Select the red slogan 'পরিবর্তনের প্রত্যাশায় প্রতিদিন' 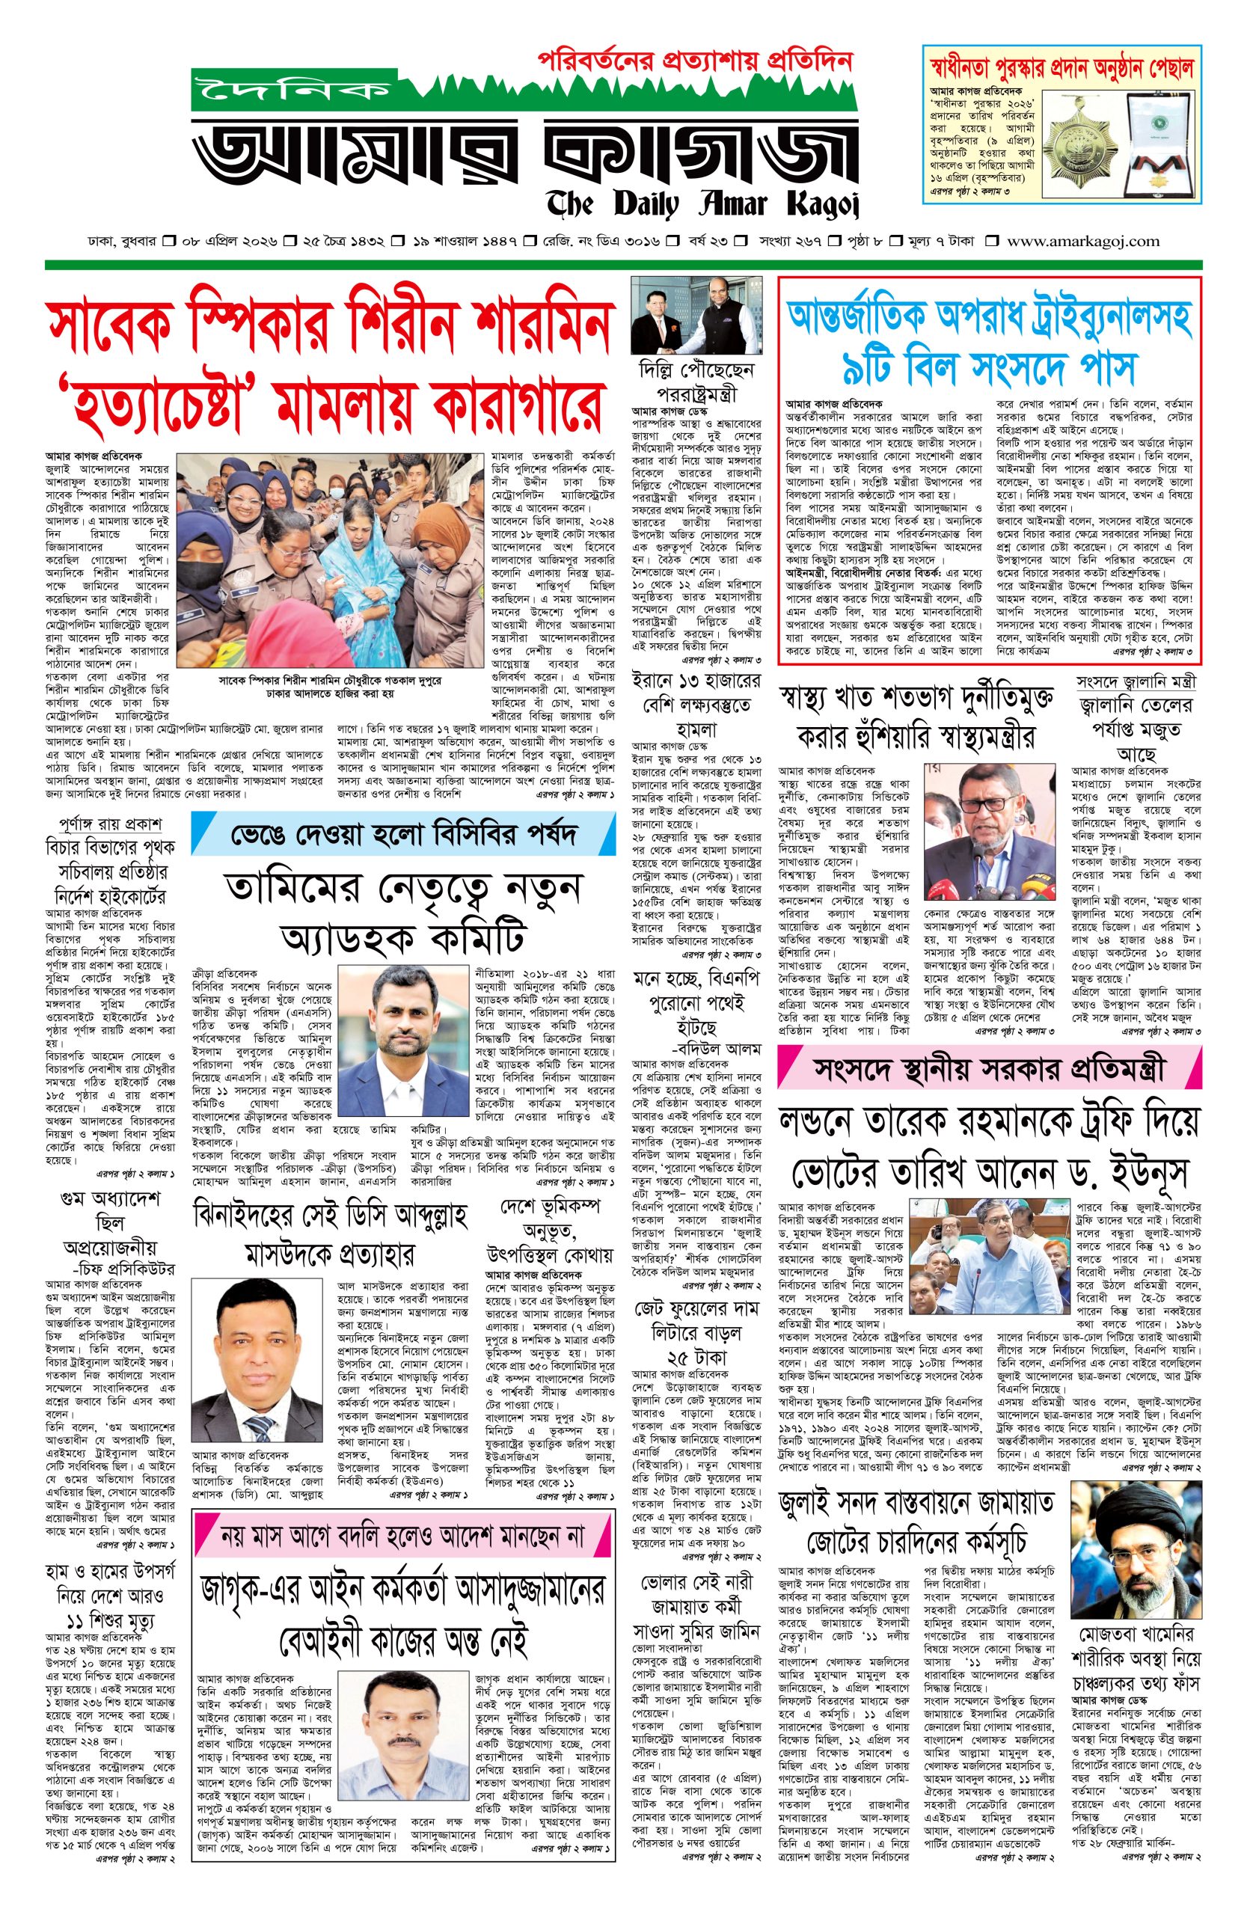pyautogui.click(x=694, y=62)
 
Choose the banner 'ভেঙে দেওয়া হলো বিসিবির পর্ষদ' pyautogui.click(x=403, y=834)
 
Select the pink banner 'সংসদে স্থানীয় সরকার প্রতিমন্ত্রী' pyautogui.click(x=989, y=1070)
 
